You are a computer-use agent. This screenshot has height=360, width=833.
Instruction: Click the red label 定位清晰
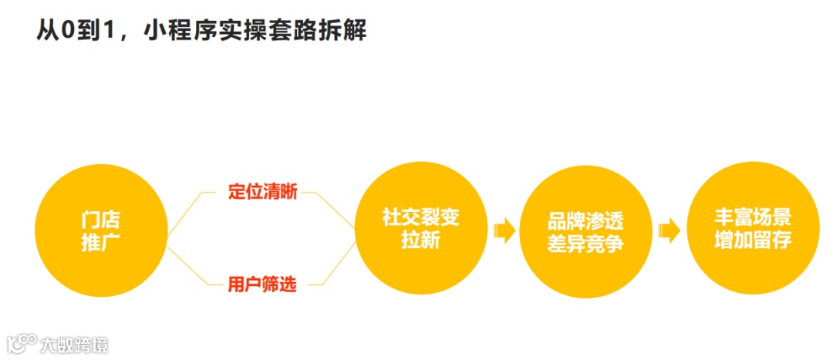[262, 192]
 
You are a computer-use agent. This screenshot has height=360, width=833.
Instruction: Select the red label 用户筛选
[262, 284]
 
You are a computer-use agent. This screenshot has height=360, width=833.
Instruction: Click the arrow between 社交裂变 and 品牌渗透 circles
[504, 230]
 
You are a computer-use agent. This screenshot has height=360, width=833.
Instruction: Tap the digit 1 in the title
[115, 31]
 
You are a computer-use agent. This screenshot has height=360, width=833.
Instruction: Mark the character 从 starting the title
[48, 30]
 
